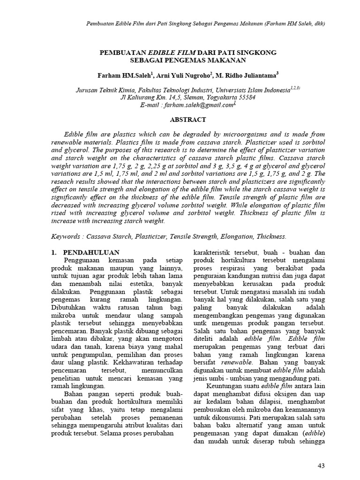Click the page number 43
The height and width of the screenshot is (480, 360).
[321, 465]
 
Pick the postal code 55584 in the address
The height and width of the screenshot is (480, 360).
[246, 97]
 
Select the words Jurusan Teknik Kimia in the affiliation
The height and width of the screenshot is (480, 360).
[104, 89]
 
